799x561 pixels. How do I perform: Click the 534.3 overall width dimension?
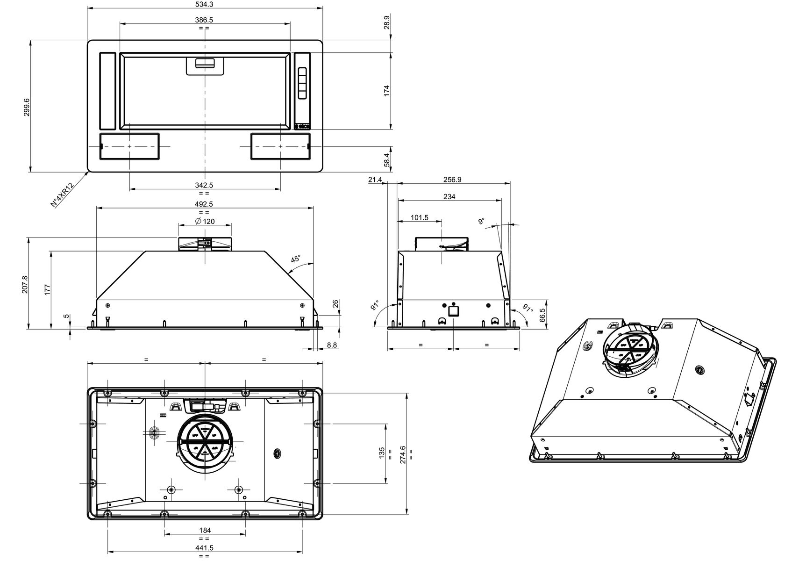click(204, 4)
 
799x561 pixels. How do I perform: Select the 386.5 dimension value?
click(204, 20)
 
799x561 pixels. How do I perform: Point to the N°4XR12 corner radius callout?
click(62, 194)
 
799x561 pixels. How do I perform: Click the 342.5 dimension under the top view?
click(204, 185)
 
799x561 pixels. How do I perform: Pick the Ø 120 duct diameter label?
click(205, 221)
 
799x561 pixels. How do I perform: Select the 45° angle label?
click(296, 259)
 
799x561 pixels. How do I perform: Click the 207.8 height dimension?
click(25, 284)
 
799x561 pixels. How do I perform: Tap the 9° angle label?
click(482, 221)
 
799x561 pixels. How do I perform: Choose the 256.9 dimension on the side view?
click(452, 180)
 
